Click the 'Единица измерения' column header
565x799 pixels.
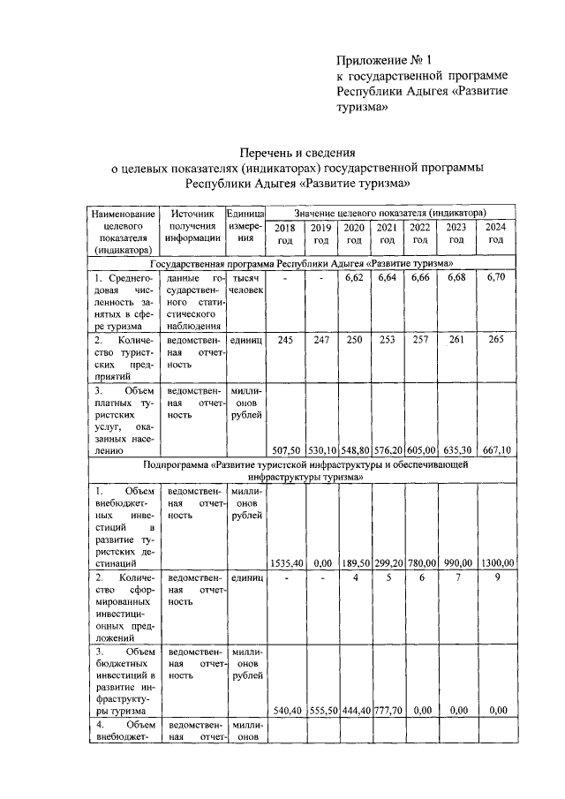click(245, 225)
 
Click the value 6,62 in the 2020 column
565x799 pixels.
click(354, 278)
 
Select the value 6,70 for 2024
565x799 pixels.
click(496, 278)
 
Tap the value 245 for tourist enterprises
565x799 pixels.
click(285, 340)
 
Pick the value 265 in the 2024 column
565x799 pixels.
click(496, 340)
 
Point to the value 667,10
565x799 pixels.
click(496, 448)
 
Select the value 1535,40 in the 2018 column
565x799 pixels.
click(285, 562)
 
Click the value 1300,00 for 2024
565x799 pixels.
click(496, 562)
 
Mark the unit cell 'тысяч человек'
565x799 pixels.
click(245, 284)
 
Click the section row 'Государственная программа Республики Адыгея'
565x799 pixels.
click(303, 263)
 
